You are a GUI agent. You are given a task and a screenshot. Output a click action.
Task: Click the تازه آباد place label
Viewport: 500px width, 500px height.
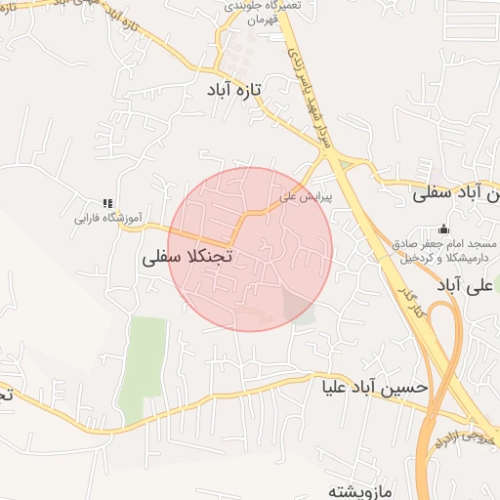233,89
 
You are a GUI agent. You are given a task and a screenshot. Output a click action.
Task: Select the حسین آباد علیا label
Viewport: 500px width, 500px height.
375,387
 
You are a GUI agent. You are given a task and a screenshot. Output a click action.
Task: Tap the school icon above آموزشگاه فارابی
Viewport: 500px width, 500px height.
107,202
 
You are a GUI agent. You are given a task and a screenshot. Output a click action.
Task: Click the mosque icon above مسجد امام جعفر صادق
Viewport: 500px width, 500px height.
444,229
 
